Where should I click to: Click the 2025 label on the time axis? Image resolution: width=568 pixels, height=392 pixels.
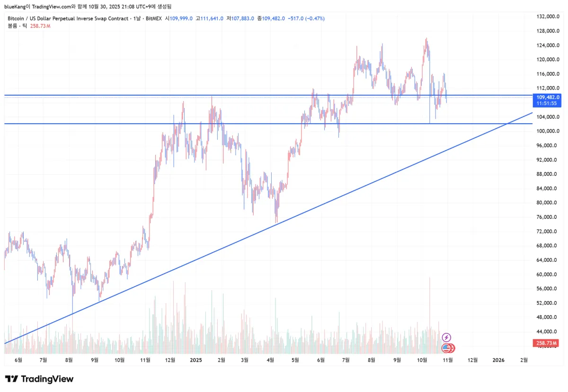tap(196, 360)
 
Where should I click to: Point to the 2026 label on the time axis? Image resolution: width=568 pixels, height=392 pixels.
tap(498, 360)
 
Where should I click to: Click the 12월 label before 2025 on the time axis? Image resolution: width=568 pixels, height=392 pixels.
tap(170, 360)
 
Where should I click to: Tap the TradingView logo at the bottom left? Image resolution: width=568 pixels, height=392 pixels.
tap(39, 379)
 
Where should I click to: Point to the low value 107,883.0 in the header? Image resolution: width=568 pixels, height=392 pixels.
tap(244, 18)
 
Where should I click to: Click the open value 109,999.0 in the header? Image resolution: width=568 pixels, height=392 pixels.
tap(182, 18)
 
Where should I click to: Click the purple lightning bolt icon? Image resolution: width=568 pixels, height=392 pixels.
tap(446, 338)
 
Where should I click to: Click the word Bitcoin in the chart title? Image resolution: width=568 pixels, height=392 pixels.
tap(17, 18)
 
